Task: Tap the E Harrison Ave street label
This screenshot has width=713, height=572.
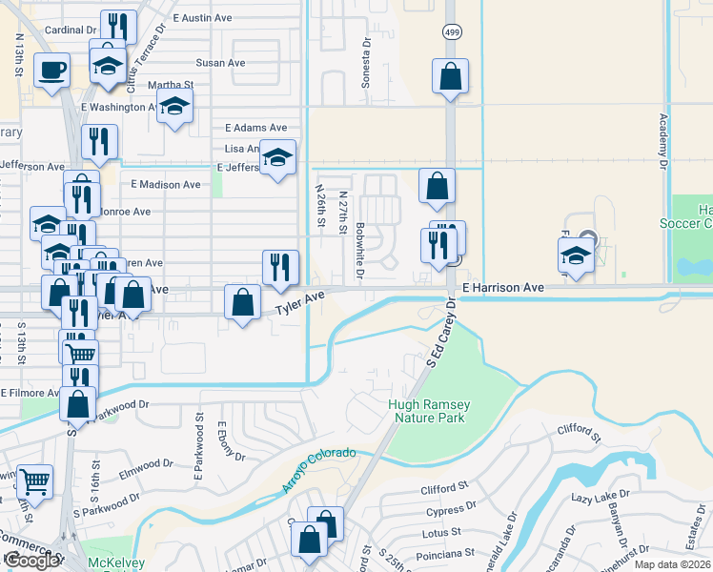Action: click(502, 287)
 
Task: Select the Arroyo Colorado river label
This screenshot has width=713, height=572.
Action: click(318, 470)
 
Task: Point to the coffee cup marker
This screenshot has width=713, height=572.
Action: click(51, 69)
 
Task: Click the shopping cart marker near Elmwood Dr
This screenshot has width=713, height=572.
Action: click(35, 482)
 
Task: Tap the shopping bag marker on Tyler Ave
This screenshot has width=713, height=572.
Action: click(243, 302)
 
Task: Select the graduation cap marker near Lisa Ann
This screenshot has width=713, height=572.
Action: click(278, 157)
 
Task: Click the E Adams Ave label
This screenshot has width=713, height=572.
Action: click(255, 127)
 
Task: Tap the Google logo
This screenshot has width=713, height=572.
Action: click(31, 561)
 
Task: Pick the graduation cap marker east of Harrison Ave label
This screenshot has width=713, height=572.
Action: click(576, 255)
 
